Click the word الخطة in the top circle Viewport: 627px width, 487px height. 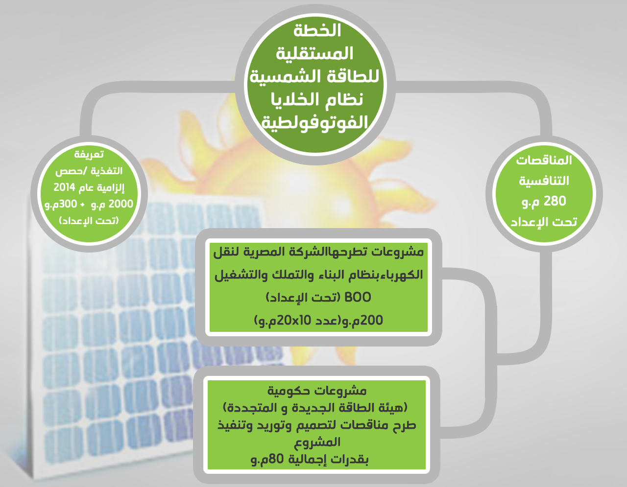[x=317, y=30]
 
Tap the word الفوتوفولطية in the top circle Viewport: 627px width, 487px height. [x=315, y=123]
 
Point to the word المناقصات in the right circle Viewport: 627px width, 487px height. [x=544, y=160]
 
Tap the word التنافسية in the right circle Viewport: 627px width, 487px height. [x=544, y=181]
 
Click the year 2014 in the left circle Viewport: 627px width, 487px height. [x=64, y=187]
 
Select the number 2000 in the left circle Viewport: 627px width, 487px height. [x=121, y=204]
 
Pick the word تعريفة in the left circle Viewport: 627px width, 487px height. [x=89, y=155]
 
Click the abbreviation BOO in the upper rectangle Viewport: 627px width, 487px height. [x=358, y=297]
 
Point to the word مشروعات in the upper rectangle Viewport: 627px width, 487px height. [x=398, y=252]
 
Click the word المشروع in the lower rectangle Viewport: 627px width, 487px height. [x=317, y=442]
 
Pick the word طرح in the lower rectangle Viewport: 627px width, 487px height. [x=404, y=425]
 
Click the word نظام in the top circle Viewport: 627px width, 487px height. [x=344, y=100]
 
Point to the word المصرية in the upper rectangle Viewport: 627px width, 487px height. [x=273, y=252]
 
